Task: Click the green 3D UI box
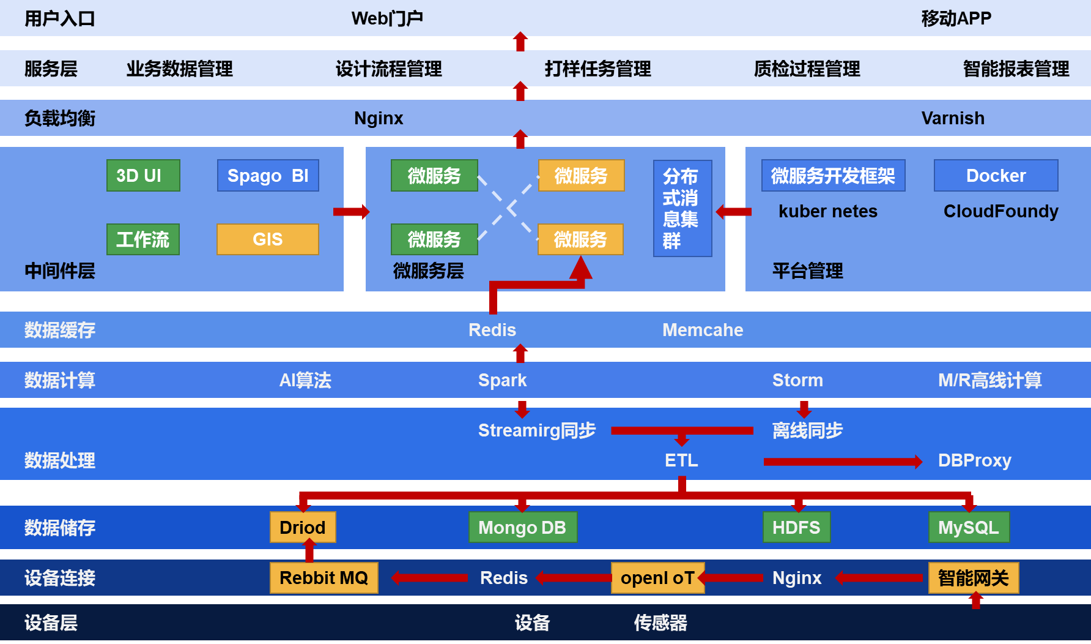(143, 176)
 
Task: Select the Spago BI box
(268, 176)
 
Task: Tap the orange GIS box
(267, 239)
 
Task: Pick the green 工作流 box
(143, 239)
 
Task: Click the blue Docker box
(996, 176)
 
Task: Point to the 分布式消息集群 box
(682, 208)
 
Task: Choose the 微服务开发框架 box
(833, 176)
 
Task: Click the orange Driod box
(303, 527)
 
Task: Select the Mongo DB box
(522, 527)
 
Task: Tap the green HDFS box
(796, 527)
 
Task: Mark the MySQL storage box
(969, 527)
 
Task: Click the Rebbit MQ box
(324, 578)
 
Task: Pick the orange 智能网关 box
(973, 578)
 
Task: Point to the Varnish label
(953, 118)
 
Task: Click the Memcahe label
(703, 330)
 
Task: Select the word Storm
(797, 380)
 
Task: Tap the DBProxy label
(974, 460)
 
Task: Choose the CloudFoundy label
(1000, 211)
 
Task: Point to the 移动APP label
(956, 18)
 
